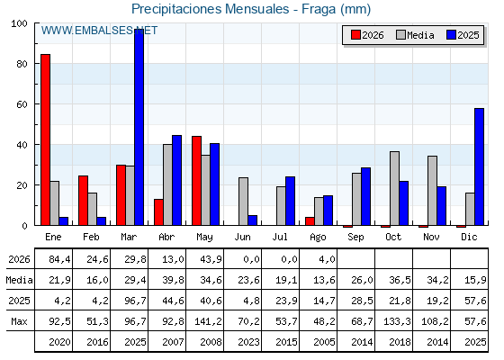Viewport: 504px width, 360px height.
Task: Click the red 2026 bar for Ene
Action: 45,139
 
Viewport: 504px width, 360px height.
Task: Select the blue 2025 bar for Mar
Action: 139,127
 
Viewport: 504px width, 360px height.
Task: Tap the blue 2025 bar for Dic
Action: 479,166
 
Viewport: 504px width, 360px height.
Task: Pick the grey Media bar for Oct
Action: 394,188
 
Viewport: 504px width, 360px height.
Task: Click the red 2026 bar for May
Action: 196,181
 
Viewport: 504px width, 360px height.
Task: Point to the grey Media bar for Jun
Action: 243,202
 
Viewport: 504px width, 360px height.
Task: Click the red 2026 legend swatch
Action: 355,35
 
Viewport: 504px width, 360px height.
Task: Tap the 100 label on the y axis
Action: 19,23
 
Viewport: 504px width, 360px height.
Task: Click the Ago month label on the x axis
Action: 318,238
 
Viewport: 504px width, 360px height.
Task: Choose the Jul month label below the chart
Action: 280,237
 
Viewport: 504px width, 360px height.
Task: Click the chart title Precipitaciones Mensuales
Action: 211,9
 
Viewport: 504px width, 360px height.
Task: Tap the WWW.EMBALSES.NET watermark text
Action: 99,31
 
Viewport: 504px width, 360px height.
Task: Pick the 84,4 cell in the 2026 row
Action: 59,259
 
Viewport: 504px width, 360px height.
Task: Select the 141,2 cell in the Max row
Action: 208,321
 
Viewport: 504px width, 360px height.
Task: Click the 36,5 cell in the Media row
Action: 400,280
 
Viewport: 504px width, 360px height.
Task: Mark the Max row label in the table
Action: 19,321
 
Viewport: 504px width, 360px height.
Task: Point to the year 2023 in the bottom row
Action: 248,342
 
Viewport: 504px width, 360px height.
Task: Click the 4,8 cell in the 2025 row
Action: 251,301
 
